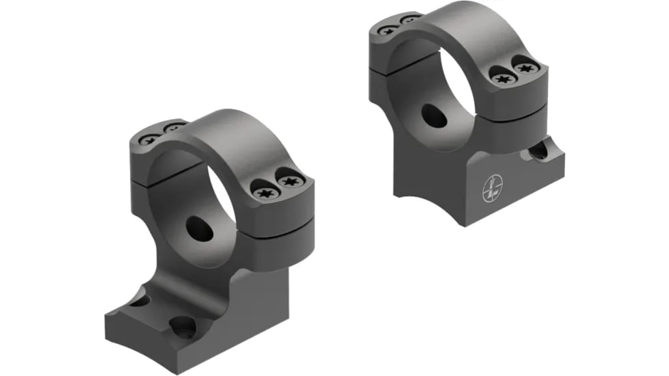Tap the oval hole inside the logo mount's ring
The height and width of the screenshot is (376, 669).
click(434, 116)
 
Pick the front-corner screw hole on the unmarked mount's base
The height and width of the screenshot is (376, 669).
click(183, 327)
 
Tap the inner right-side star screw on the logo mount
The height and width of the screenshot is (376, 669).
click(503, 79)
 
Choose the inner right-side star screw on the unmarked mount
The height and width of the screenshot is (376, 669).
click(265, 193)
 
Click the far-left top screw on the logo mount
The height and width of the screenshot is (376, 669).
click(388, 30)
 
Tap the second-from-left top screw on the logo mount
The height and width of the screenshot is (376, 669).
click(411, 19)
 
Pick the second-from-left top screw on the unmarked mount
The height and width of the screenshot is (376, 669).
click(174, 128)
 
